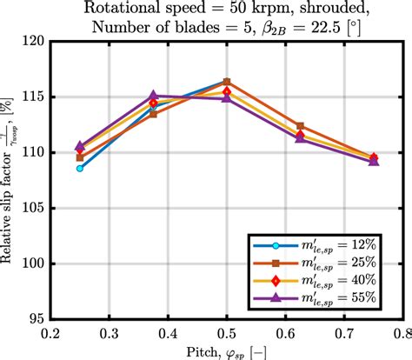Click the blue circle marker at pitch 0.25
(x=80, y=168)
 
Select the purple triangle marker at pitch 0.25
(x=80, y=147)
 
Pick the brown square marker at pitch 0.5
(x=227, y=82)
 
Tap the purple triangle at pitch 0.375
(x=153, y=96)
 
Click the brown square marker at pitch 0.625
(x=300, y=126)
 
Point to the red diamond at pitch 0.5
(x=227, y=90)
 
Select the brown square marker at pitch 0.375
(x=153, y=114)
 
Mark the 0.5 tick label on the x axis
(x=227, y=332)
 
